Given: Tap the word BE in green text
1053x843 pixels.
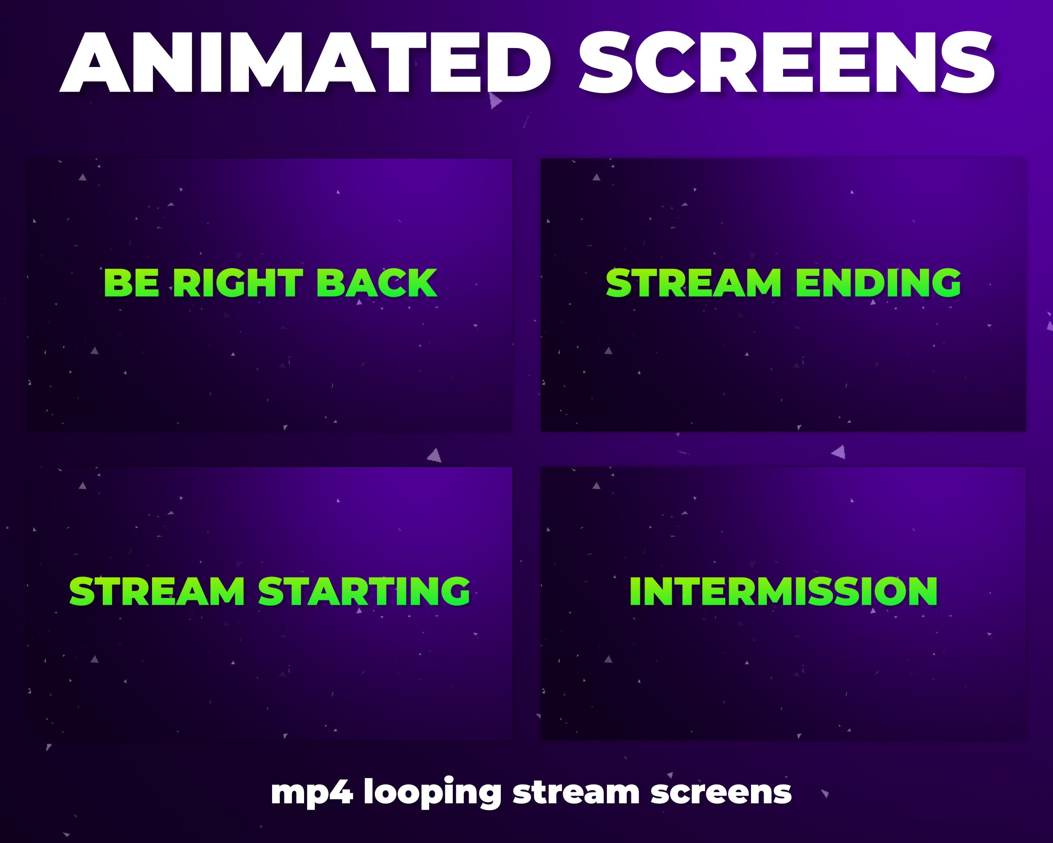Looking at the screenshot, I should coord(131,283).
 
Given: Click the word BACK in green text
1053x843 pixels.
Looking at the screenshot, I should coord(377,283).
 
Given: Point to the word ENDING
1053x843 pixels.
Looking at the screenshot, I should coord(878,283).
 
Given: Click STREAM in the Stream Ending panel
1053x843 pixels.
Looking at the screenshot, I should coord(694,283).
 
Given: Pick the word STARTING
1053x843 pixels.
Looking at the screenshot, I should coord(364,591).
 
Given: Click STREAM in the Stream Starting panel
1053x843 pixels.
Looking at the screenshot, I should coord(157,591).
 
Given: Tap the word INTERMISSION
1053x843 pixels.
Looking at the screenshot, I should coord(783,591).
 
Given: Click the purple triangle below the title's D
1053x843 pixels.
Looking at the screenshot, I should coord(495,101).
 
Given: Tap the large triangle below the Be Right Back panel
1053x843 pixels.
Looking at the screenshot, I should coord(435,456).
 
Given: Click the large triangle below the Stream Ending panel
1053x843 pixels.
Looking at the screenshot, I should coord(839,452).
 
